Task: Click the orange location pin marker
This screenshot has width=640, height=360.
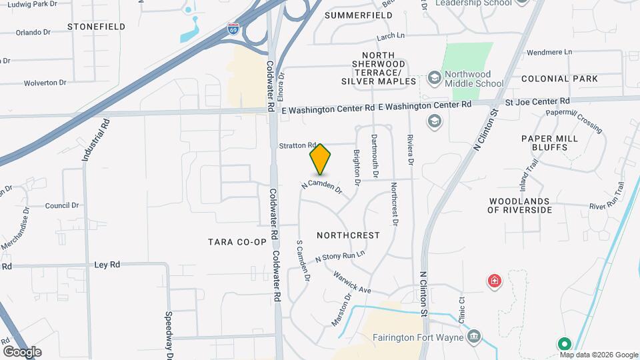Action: coord(320,159)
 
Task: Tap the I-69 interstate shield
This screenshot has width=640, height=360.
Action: coord(233,29)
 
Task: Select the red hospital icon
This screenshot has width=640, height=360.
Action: coord(494,281)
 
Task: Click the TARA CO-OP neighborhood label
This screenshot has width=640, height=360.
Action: coord(237,241)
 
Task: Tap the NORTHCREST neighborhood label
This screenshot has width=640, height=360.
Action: coord(348,235)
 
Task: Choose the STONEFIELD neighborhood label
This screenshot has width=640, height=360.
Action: coord(96,27)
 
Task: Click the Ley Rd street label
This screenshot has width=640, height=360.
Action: coord(107,265)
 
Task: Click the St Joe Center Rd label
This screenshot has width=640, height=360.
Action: coord(537,101)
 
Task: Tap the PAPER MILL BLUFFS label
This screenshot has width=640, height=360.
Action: coord(549,143)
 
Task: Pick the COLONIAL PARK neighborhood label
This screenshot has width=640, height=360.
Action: coord(559,79)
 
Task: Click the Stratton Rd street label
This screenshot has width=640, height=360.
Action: coord(297,145)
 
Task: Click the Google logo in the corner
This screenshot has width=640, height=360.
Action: coord(22,351)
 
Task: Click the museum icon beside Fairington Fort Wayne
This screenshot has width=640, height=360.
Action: coord(474,336)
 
